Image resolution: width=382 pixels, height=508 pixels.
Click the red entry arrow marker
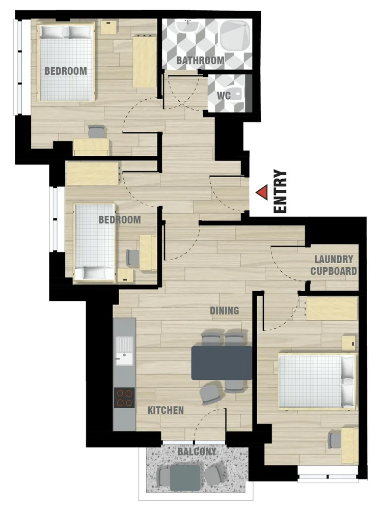262,192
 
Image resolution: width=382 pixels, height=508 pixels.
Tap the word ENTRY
281,191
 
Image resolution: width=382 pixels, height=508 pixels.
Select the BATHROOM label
200,61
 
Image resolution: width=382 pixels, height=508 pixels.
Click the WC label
224,95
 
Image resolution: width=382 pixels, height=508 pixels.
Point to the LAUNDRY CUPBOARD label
334,265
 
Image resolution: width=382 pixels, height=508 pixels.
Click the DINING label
225,311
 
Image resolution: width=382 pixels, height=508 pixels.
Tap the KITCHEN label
166,410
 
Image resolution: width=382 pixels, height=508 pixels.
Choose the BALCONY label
197,451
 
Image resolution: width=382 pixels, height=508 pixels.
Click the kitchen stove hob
124,398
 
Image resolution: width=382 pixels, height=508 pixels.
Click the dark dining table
222,362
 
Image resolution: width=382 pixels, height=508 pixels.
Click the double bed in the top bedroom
66,62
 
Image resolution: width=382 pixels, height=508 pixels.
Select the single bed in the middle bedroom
95,242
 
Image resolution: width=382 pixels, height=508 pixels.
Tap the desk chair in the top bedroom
96,132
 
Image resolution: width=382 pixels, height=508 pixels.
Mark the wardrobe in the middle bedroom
93,174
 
